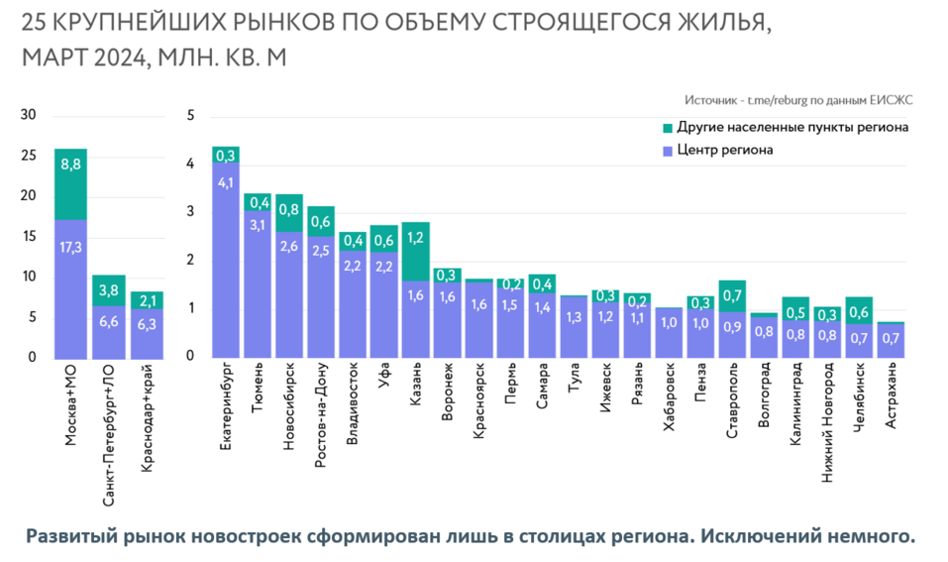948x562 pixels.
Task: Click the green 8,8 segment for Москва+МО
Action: [70, 184]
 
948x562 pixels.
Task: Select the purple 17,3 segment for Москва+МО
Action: [70, 287]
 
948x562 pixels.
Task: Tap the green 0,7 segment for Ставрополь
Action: [732, 296]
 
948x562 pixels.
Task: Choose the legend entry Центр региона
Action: [725, 151]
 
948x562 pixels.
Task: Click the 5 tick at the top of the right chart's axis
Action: [191, 116]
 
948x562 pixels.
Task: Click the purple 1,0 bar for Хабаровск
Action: [669, 332]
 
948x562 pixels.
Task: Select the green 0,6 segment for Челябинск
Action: [859, 310]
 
